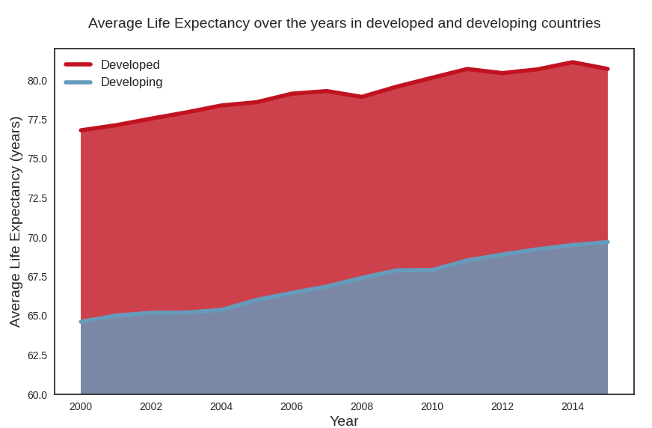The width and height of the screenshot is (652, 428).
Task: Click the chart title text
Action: (x=344, y=23)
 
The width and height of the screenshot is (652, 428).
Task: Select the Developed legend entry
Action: (x=130, y=65)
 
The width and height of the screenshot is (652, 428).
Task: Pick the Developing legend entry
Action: (x=132, y=82)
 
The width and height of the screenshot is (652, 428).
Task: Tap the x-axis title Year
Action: (x=344, y=421)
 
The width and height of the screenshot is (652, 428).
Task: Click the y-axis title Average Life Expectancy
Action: (x=15, y=221)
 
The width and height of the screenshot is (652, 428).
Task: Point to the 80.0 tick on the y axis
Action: (x=37, y=81)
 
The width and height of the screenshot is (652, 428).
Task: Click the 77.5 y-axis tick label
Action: (x=37, y=120)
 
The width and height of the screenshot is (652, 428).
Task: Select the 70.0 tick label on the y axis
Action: (x=37, y=238)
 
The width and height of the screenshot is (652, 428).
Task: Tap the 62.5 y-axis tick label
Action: (x=37, y=355)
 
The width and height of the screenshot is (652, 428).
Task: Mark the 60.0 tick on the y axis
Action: (x=37, y=394)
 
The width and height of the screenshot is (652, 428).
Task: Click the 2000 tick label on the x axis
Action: (x=81, y=406)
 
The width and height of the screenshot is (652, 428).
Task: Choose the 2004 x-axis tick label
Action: (x=221, y=406)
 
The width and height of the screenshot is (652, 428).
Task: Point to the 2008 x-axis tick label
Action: (x=362, y=406)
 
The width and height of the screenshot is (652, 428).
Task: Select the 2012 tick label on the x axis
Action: (x=502, y=406)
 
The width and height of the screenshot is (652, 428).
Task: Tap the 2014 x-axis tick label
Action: (x=573, y=406)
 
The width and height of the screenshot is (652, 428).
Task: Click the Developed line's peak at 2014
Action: (x=573, y=62)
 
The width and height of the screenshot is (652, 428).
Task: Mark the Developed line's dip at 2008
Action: (x=362, y=97)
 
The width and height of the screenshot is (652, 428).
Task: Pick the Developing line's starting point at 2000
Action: (x=81, y=321)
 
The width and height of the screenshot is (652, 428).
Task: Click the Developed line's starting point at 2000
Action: (x=81, y=130)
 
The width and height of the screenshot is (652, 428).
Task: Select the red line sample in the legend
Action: (x=79, y=65)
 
